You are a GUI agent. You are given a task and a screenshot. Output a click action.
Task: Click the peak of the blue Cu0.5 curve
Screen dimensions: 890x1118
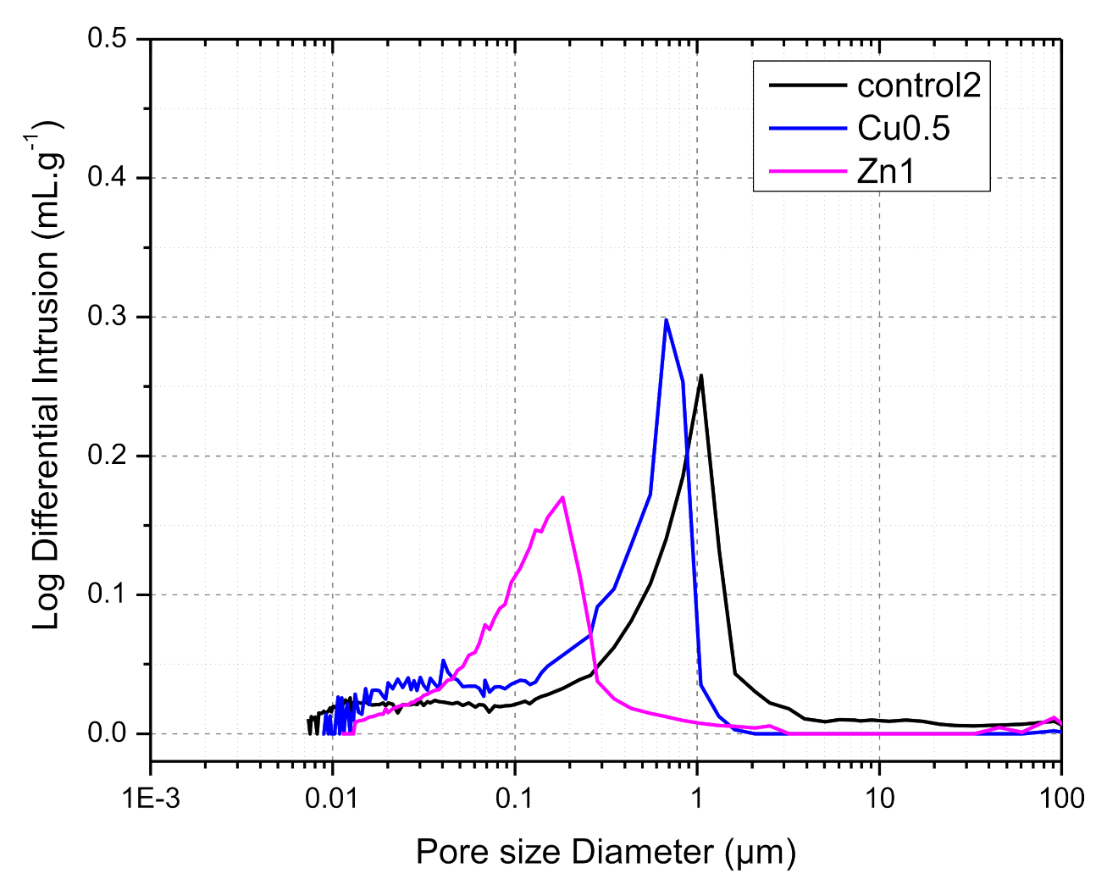coord(667,319)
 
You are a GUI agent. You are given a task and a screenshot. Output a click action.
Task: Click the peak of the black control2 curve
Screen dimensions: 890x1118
coord(701,375)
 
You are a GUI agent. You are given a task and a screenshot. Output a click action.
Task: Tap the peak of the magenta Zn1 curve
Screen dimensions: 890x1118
coord(562,497)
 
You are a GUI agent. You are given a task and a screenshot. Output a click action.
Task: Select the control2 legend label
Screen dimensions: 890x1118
coord(919,85)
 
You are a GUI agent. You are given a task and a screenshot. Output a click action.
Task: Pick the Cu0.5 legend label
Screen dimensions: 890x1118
coord(903,129)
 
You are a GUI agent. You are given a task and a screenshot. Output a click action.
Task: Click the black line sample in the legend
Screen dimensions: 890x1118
coord(807,85)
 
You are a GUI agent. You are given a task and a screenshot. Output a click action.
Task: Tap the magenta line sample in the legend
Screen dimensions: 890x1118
coord(807,172)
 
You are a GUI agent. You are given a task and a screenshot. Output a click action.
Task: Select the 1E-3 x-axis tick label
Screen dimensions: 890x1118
coord(151,798)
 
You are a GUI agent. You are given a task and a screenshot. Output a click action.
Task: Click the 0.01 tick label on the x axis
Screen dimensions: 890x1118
coord(332,798)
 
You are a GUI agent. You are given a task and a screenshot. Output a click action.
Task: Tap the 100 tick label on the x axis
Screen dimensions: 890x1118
coord(1060,798)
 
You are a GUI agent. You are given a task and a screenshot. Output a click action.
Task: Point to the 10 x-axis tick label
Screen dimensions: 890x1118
coord(879,798)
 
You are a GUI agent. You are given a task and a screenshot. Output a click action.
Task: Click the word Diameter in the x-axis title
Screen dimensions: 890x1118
coord(643,851)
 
